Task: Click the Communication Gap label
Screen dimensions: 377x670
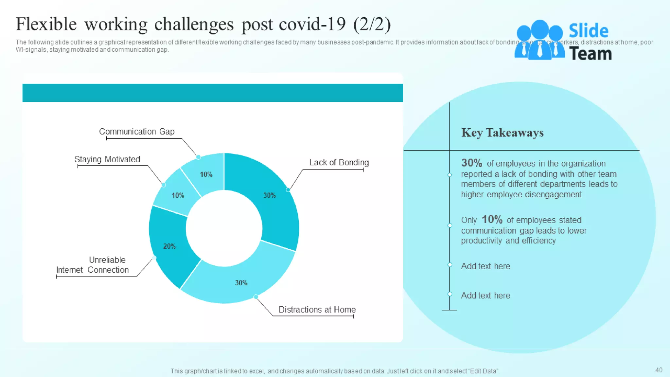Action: (137, 132)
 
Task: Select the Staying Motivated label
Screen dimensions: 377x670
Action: (107, 159)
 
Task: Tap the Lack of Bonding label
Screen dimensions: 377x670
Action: (339, 163)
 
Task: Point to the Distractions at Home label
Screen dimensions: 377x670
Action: (317, 310)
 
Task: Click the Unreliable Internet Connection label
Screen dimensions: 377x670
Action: (93, 265)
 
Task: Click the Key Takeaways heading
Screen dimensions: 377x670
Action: (502, 133)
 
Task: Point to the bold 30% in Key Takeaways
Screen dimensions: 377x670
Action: (471, 163)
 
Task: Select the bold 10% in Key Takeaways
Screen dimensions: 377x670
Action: (492, 219)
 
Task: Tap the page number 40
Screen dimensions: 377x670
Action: (659, 370)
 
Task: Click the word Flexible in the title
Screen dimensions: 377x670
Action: (46, 25)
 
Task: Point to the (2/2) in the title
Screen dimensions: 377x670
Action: (372, 25)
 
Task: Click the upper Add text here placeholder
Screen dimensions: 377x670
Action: (485, 266)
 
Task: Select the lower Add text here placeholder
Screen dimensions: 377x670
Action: (485, 296)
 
